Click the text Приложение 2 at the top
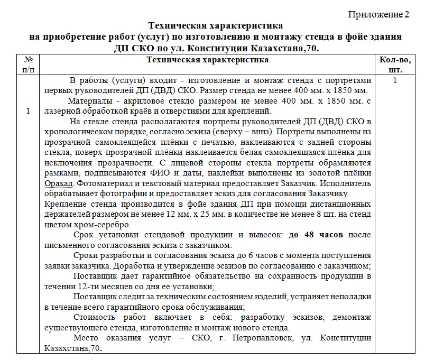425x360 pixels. [x=378, y=14]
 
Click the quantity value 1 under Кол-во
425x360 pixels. [x=395, y=81]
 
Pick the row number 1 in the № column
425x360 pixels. [x=28, y=111]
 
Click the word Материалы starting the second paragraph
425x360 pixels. [x=92, y=101]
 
